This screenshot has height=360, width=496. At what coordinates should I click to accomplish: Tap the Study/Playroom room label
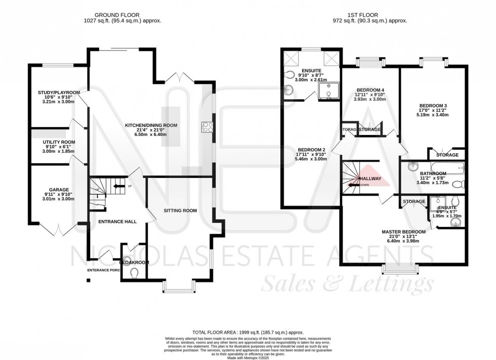point(59,93)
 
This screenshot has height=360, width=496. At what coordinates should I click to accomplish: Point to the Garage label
point(59,191)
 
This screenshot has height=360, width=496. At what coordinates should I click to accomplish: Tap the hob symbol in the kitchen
point(207,126)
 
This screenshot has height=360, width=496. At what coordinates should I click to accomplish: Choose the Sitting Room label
point(180,210)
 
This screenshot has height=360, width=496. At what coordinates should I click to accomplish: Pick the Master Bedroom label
point(403,232)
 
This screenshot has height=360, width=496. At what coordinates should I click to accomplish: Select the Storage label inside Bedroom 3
point(447,155)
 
